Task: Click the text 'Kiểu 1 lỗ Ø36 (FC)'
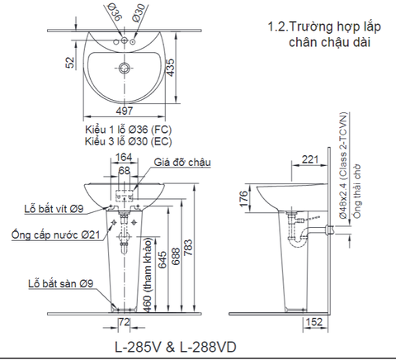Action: (x=127, y=130)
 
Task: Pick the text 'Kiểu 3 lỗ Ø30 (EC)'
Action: (x=127, y=141)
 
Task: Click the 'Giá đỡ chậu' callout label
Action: (x=181, y=163)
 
